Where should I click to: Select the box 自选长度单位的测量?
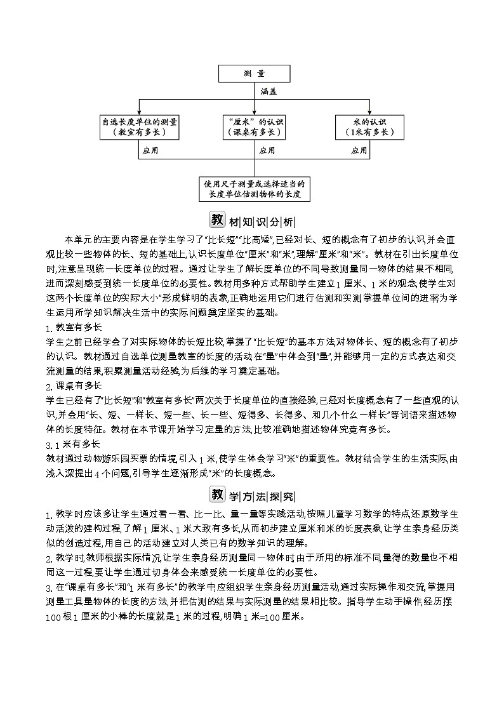[x=140, y=126]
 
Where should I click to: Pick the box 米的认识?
[x=369, y=126]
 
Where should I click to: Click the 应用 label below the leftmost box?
[x=150, y=151]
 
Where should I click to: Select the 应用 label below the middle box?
[x=267, y=151]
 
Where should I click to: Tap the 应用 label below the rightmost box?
[x=359, y=151]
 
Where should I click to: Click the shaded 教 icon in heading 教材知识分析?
[x=217, y=220]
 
